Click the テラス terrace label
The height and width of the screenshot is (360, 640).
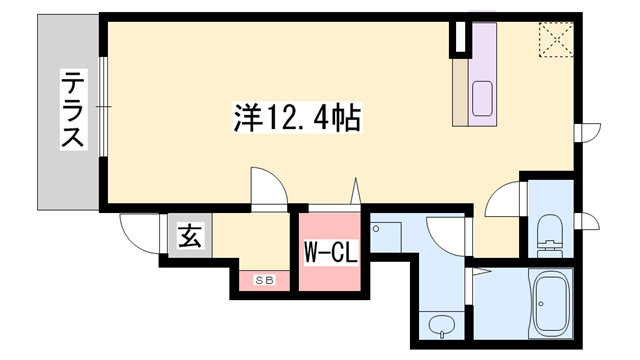(72, 110)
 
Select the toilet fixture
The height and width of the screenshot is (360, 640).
(548, 234)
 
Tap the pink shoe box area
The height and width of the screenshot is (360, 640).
(264, 280)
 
